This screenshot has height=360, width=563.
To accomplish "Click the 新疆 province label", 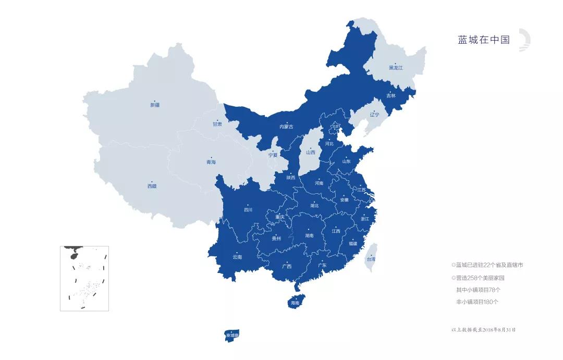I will click(x=155, y=105).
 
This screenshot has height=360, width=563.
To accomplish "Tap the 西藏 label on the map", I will click(x=152, y=186).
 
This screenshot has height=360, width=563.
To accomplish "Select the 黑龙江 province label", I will click(x=396, y=68).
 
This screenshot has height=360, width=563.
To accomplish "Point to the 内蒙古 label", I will click(x=286, y=127).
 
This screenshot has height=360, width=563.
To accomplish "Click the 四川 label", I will click(x=248, y=210).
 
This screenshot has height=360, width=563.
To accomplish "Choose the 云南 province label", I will click(x=237, y=257).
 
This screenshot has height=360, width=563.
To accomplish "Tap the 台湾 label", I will click(x=371, y=259).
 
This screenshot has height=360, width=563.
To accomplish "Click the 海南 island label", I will click(x=295, y=303).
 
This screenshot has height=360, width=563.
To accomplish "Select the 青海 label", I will click(x=211, y=162).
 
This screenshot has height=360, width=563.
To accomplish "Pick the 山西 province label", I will click(x=311, y=153).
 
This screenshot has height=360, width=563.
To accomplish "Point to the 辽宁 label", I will click(x=375, y=114).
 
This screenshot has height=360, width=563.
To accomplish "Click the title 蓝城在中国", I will click(x=483, y=40).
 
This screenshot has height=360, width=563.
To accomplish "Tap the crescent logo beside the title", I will click(x=524, y=41).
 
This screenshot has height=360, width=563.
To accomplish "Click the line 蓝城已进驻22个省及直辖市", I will click(x=489, y=265).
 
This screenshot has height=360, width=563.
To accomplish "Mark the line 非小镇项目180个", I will click(x=477, y=302).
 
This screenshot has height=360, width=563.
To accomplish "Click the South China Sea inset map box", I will click(x=84, y=278).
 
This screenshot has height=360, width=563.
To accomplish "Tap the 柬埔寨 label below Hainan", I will click(x=232, y=335).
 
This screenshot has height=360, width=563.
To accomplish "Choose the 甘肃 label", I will click(x=217, y=125).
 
